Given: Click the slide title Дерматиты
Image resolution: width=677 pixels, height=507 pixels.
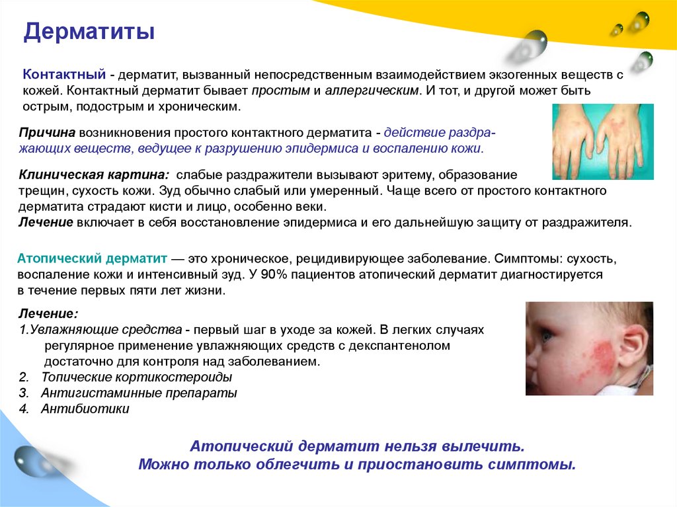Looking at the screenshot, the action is pos(89,32).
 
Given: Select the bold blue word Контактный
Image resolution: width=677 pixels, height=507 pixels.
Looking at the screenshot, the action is pos(64,74).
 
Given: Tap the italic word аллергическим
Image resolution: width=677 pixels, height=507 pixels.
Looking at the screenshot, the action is pos(372,91).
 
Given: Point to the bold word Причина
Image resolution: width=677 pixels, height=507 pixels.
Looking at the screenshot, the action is pos(47,133).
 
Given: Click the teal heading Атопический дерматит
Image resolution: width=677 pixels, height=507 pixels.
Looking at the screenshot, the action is pos(92,258).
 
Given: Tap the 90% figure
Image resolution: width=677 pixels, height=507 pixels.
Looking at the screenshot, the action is pos(274,275).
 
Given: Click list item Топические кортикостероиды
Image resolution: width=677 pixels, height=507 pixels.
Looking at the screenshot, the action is pos(136,377).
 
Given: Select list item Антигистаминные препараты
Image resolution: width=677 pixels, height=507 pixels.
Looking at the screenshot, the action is pos(139,393).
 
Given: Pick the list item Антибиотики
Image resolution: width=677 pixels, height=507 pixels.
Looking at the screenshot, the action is pos(85,409).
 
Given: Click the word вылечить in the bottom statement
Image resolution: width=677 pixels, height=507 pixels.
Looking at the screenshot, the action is pos(482,446).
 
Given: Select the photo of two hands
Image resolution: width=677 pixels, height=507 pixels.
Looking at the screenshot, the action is pos(603,141).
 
